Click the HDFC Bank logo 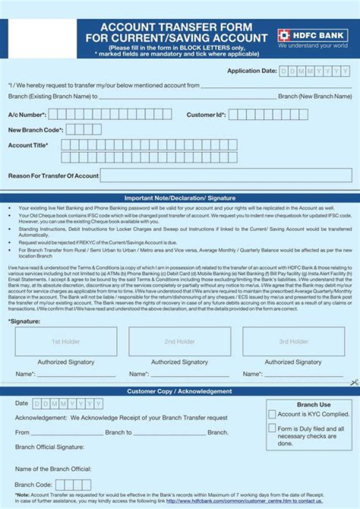click(312, 35)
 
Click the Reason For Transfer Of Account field click(226, 175)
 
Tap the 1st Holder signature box click(66, 341)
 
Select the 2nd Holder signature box click(179, 341)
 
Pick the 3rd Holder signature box click(293, 341)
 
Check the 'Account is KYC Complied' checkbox click(272, 414)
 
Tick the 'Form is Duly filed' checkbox click(272, 428)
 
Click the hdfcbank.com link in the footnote click(244, 500)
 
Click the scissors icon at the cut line click(354, 383)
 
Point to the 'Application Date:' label click(251, 71)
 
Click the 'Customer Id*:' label click(206, 115)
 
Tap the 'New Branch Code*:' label click(35, 130)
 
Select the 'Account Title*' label click(28, 145)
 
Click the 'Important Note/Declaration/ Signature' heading click(179, 198)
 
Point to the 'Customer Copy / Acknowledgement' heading click(179, 391)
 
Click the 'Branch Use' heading click(313, 404)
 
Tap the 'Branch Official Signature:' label click(49, 447)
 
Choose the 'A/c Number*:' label click(27, 115)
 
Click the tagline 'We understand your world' click(312, 45)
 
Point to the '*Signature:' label click(24, 321)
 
